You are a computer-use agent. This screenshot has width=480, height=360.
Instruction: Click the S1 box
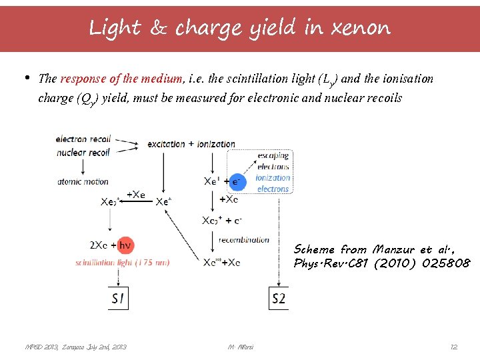pyautogui.click(x=118, y=299)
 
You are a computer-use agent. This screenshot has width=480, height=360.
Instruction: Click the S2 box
pyautogui.click(x=279, y=299)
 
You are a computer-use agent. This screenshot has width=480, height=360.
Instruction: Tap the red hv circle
pyautogui.click(x=125, y=245)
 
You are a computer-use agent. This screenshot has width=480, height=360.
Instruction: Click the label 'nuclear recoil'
pyautogui.click(x=83, y=152)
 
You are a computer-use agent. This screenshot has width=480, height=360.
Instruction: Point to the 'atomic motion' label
pyautogui.click(x=83, y=181)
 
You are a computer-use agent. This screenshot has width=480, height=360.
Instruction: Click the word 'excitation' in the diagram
pyautogui.click(x=167, y=143)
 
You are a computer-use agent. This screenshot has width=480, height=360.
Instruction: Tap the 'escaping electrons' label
pyautogui.click(x=273, y=161)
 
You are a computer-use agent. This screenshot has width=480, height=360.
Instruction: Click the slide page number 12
pyautogui.click(x=453, y=347)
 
